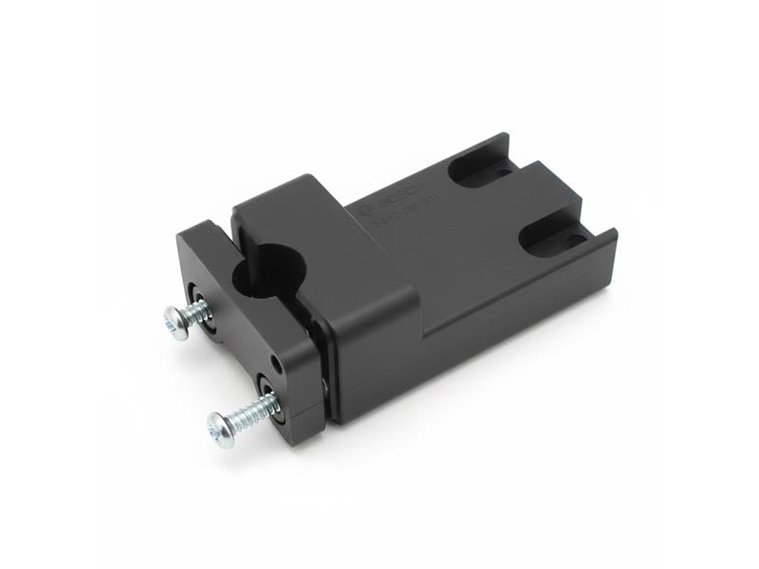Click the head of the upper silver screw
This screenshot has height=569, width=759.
[176, 321]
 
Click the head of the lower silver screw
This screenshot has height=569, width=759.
[221, 429]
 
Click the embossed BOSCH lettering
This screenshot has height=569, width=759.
[396, 201]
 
